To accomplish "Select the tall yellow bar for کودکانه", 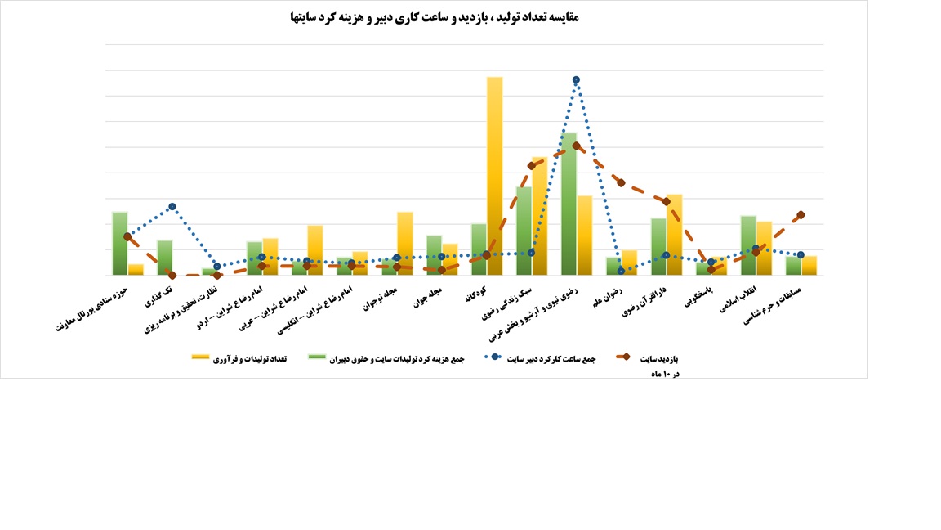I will point(494,176).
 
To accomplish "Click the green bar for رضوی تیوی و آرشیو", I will point(569,204).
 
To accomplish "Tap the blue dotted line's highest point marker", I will point(576,80).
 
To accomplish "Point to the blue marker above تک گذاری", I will point(172,207).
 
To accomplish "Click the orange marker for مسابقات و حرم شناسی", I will point(801,215).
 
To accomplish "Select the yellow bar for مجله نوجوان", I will point(405,244).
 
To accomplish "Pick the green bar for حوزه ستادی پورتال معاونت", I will point(120,244).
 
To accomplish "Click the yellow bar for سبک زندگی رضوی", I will point(539,217).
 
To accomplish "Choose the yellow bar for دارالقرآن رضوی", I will point(674,235).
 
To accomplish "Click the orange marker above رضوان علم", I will point(621,182).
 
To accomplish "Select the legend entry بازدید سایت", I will point(658,358).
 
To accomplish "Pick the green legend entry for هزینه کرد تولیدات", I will point(388,358).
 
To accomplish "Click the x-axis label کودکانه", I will point(476,295).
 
